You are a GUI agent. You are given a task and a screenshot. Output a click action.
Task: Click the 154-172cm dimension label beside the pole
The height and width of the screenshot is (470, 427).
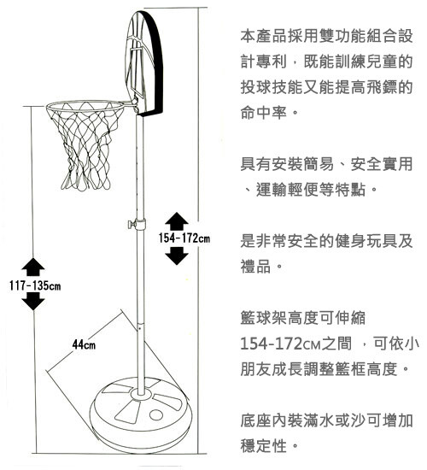[184, 238]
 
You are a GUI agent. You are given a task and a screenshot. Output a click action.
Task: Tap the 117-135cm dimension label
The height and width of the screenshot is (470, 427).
[35, 285]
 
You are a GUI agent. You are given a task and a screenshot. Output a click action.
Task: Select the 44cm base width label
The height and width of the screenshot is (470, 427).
[84, 345]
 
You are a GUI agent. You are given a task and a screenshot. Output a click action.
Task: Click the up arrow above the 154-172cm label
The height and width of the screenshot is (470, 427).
[177, 221]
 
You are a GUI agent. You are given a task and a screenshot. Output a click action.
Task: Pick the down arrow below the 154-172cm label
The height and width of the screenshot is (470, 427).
[177, 256]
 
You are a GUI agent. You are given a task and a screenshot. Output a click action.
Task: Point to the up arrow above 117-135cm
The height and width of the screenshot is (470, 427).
[33, 267]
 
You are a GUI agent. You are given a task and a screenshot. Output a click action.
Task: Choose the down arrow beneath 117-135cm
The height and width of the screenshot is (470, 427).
[33, 302]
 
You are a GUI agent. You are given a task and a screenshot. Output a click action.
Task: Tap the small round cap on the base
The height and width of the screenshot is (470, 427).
[155, 414]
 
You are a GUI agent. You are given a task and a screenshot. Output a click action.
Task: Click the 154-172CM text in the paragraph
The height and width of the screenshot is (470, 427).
[280, 344]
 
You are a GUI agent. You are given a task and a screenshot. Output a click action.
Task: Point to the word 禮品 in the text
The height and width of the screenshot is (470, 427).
[256, 266]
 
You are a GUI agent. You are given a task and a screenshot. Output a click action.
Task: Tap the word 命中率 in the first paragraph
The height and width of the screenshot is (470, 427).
[264, 113]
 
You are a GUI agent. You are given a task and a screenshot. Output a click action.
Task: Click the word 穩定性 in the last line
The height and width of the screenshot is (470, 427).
[264, 446]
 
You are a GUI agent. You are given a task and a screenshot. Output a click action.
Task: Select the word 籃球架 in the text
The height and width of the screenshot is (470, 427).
[264, 318]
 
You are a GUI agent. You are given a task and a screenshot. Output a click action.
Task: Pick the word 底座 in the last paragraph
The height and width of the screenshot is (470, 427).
[256, 420]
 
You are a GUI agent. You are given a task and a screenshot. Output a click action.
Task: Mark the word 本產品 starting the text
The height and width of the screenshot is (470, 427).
[264, 36]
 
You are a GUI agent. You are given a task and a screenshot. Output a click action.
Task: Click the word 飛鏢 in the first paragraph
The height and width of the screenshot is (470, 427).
[382, 87]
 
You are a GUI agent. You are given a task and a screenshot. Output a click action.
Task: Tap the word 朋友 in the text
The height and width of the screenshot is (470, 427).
[256, 369]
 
